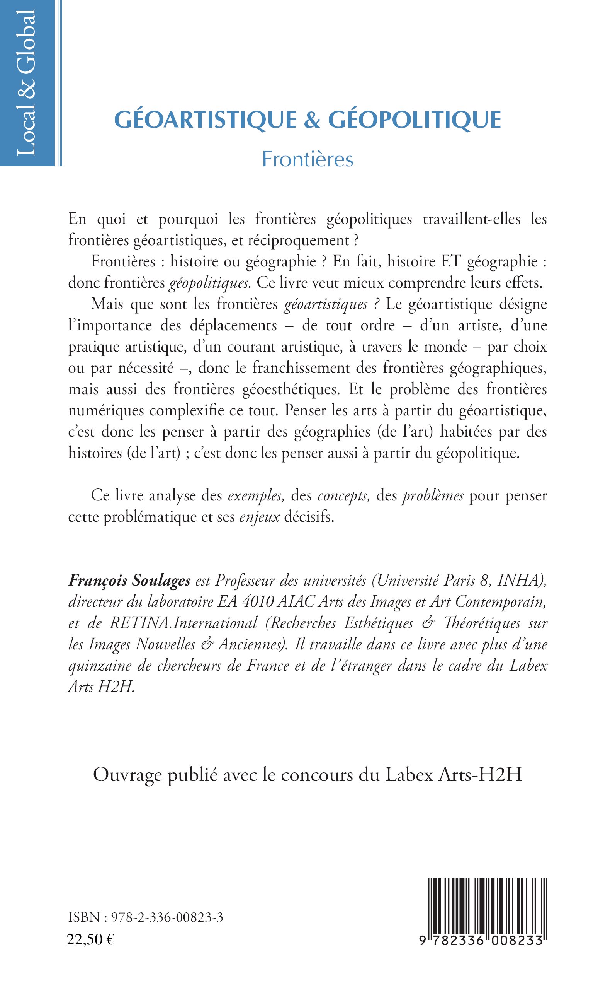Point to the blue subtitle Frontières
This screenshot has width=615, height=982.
pos(307,159)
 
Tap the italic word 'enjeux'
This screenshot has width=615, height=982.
pos(260,517)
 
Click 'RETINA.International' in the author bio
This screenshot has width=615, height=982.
pos(183,623)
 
